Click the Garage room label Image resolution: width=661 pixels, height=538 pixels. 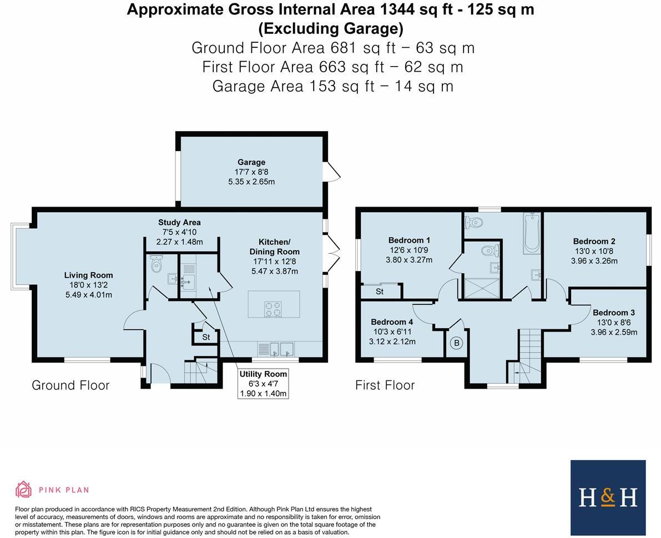[x=251, y=162]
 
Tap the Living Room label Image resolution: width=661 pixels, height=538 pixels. [x=89, y=275]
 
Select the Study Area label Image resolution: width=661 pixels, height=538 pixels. [x=180, y=223]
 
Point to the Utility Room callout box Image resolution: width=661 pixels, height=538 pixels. [x=263, y=384]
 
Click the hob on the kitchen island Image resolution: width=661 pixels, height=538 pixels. [x=273, y=308]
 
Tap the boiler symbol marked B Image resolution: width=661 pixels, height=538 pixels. [x=457, y=343]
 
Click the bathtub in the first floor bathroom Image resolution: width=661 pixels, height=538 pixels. [x=532, y=233]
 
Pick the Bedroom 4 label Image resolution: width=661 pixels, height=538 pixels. [x=392, y=322]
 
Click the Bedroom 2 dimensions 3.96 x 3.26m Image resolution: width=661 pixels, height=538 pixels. [x=594, y=261]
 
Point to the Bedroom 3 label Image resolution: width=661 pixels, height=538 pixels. [x=614, y=313]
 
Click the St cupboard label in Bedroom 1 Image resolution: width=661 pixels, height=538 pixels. [x=380, y=291]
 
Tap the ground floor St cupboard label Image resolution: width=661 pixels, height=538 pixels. [x=206, y=338]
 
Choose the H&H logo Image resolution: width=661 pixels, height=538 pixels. [x=608, y=497]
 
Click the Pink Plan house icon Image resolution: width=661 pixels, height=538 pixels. [x=24, y=490]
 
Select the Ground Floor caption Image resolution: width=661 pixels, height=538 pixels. [x=71, y=385]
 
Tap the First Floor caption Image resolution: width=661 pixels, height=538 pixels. [x=385, y=385]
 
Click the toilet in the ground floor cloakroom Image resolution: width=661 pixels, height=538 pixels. [x=157, y=263]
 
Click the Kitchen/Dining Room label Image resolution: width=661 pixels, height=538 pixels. [x=274, y=247]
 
